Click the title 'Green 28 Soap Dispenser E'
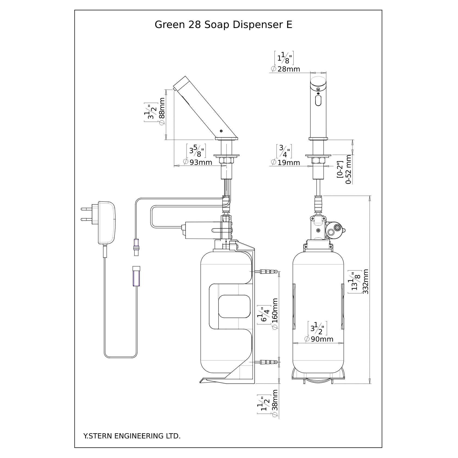coord(223,25)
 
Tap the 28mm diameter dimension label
coord(289,69)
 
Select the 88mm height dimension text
coord(162,108)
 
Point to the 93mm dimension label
coord(201,162)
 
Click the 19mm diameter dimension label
coord(289,163)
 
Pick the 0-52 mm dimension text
coord(348,170)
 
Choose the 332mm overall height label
coord(366,282)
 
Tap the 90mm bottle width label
coord(322,339)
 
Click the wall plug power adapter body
coord(107,223)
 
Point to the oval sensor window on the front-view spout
coord(318,101)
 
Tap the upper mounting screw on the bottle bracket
coord(268,271)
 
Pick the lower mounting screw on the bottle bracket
coord(268,362)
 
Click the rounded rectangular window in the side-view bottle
coord(234,306)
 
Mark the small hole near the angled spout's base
coord(221,131)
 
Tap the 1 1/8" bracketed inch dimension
coord(284,58)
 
